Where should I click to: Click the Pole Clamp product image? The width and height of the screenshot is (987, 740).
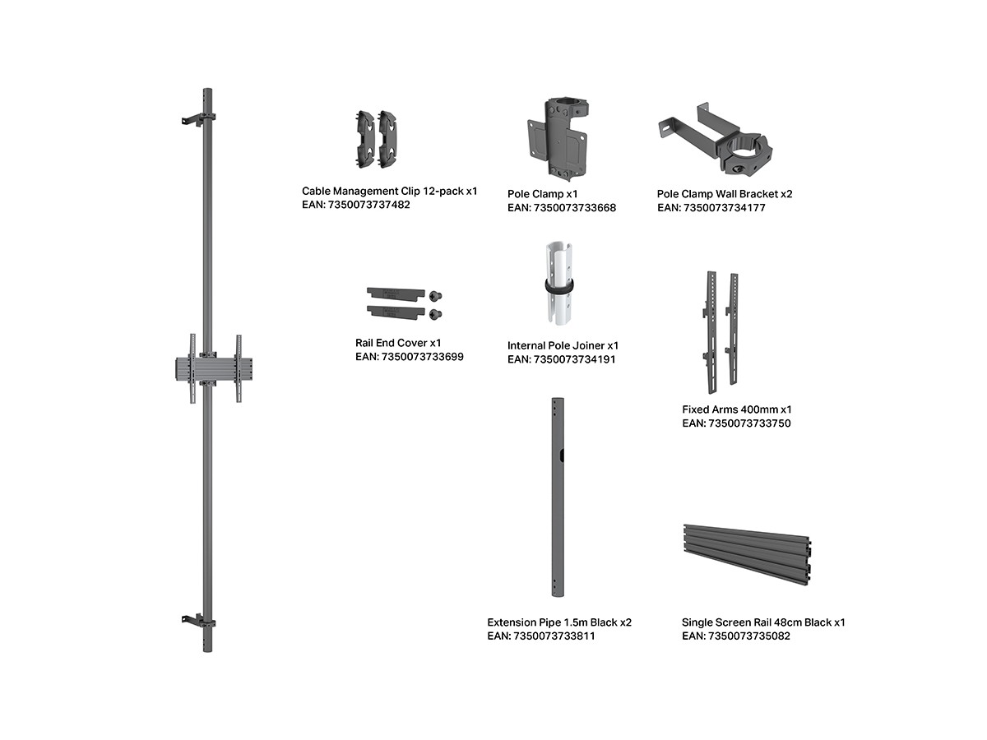(557, 137)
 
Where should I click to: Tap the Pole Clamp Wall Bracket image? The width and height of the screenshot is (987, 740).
(715, 140)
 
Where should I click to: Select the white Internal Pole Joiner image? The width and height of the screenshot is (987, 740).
(559, 283)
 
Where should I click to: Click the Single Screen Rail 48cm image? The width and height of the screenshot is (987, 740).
(747, 555)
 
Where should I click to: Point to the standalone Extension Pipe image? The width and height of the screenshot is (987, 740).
(558, 497)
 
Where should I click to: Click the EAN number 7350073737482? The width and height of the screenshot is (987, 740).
(368, 205)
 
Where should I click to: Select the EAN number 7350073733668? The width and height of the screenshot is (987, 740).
(575, 208)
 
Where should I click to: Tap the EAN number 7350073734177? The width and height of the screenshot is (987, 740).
(724, 208)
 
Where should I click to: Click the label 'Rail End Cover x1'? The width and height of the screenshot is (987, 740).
(398, 343)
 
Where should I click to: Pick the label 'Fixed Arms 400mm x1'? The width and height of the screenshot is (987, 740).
(736, 409)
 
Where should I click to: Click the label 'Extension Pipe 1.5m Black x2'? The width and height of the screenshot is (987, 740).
(559, 622)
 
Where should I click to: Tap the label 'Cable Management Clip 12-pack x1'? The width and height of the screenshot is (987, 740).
(389, 192)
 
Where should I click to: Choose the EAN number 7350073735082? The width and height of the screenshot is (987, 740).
(748, 636)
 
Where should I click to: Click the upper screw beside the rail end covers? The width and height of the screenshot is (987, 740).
(435, 296)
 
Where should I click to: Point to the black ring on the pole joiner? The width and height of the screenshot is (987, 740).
(559, 287)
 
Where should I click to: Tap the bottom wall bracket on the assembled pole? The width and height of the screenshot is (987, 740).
(198, 622)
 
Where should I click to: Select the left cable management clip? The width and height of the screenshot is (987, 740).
(365, 139)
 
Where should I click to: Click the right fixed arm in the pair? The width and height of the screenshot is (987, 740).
(732, 329)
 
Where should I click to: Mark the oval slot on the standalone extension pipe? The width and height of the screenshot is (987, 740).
(562, 456)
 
